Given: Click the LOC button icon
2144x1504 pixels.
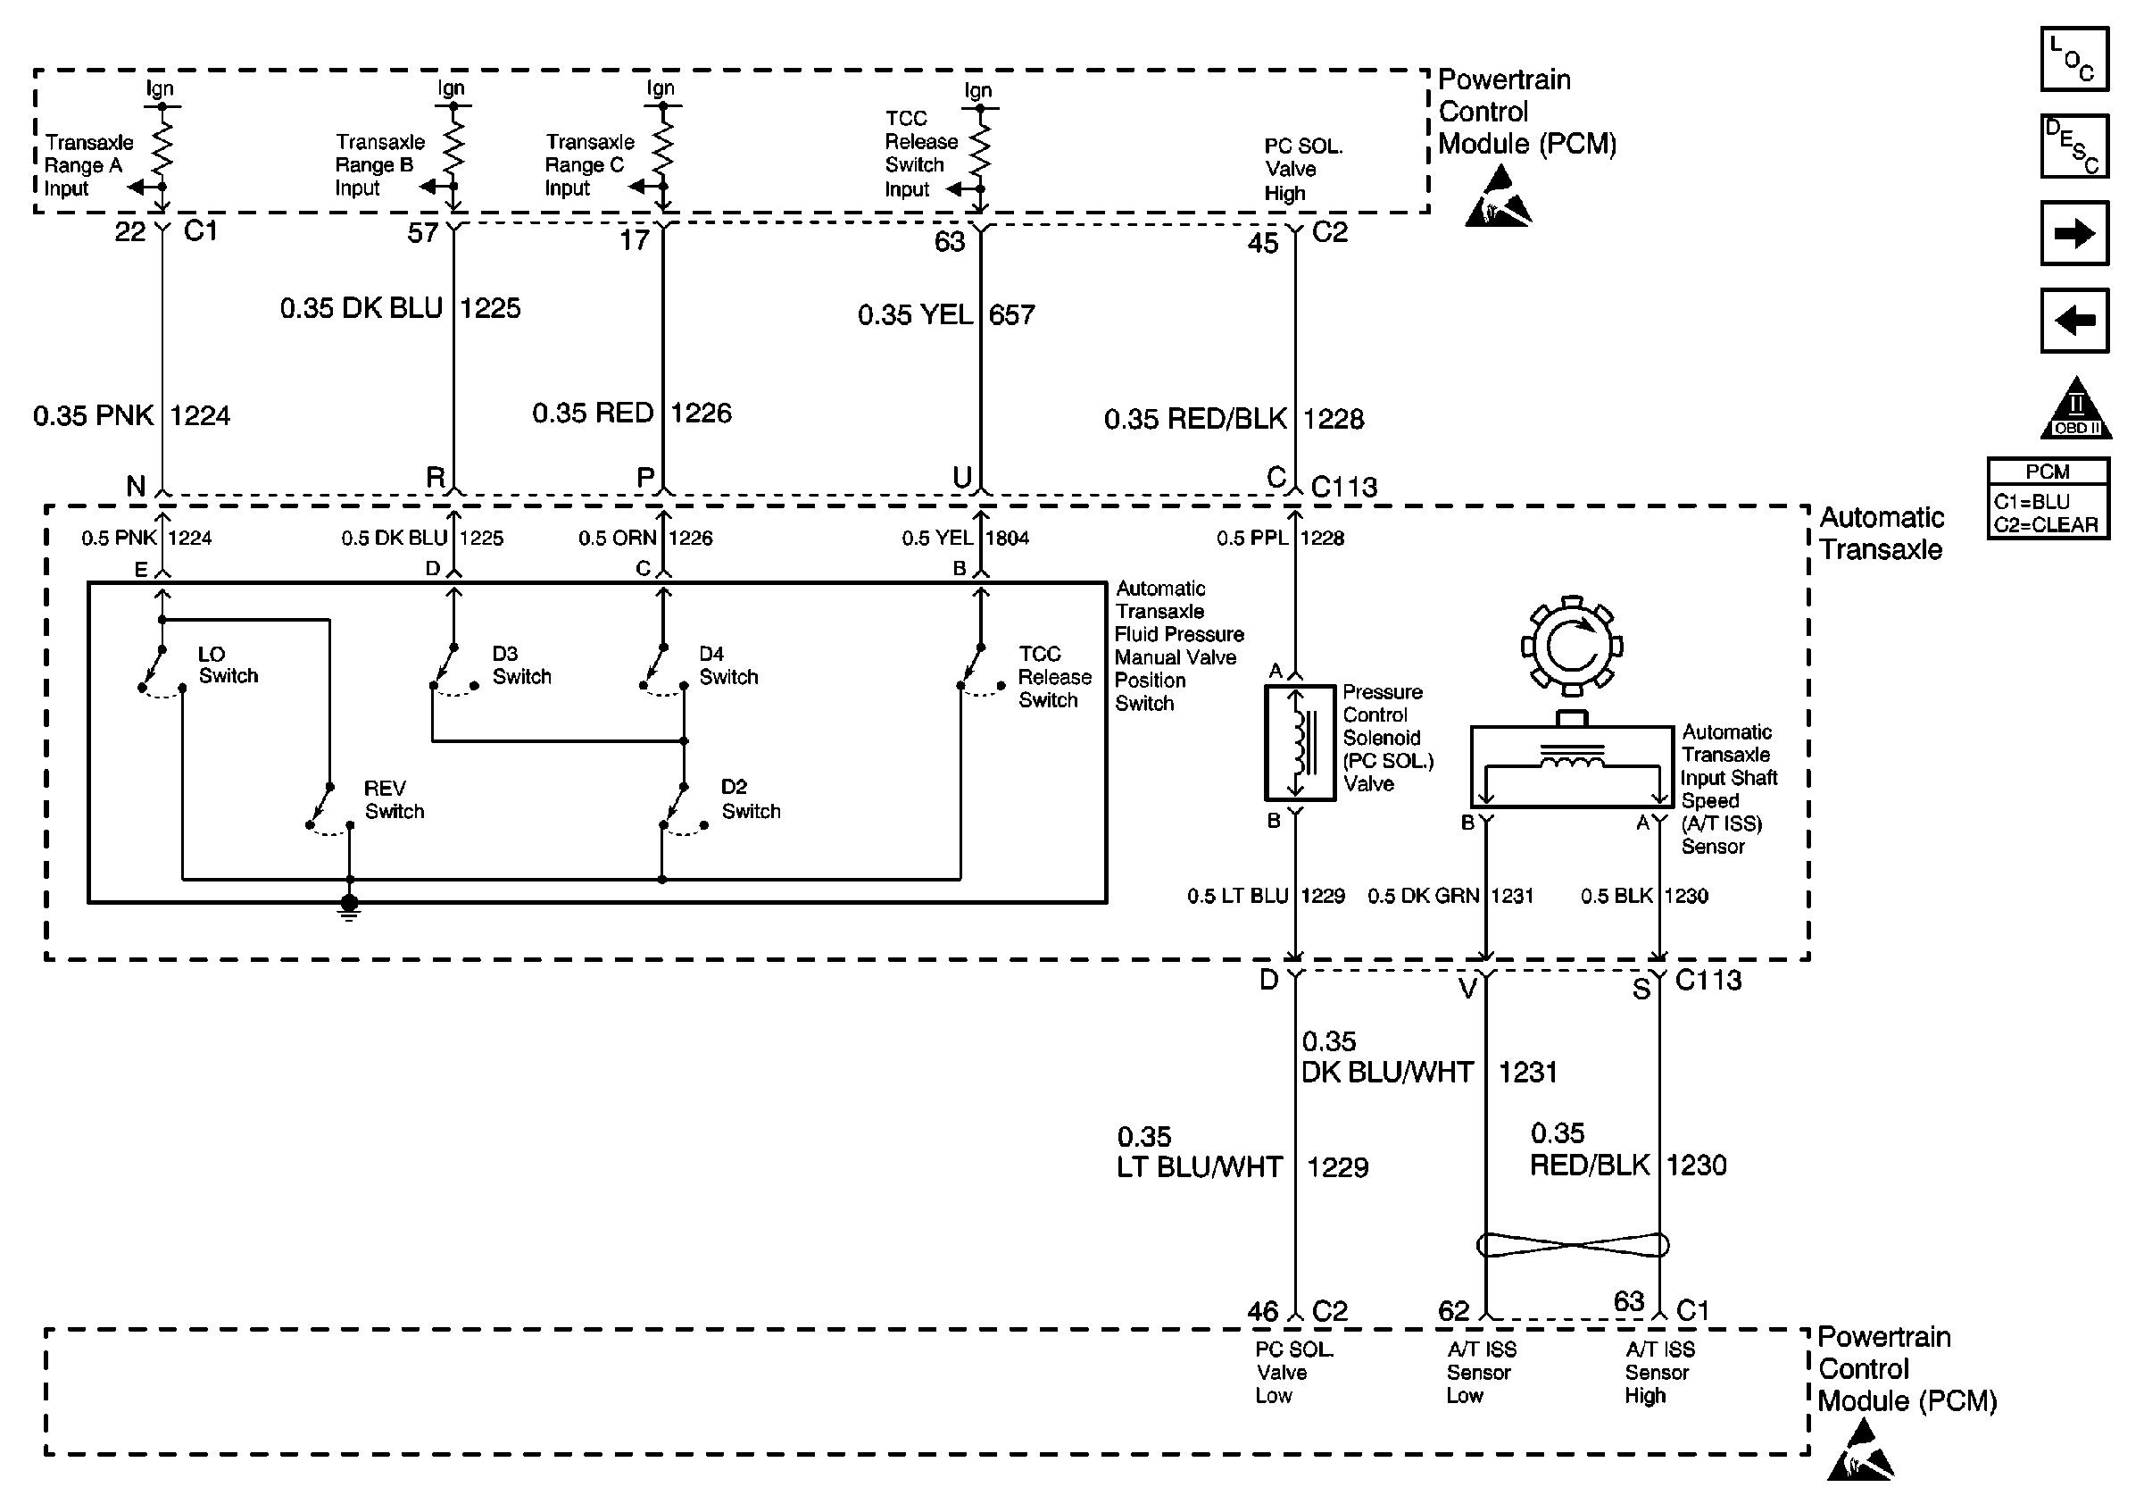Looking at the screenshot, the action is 2074,60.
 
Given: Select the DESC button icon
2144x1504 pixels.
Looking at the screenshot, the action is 2074,146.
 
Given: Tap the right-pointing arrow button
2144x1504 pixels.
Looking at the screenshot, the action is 2074,232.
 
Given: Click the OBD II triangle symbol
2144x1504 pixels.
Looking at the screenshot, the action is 2076,409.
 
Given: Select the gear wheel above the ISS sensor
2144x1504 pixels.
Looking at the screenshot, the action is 1573,646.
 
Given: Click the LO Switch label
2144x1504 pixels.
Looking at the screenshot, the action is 228,665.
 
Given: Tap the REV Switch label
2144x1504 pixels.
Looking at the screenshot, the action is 394,799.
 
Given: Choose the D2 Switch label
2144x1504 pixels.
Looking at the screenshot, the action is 751,798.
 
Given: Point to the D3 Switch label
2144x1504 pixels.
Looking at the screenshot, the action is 522,665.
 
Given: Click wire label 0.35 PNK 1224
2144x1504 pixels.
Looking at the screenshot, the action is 132,415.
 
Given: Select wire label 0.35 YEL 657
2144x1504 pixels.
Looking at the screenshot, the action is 947,314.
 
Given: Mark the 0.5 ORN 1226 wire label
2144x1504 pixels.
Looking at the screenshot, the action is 645,538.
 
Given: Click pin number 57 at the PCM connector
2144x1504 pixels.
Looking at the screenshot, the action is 423,233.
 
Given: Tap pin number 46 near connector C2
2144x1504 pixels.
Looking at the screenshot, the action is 1263,1312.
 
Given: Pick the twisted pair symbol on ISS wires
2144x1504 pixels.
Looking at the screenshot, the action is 1573,1245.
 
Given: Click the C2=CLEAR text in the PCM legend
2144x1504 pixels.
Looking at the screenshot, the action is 2047,525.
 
